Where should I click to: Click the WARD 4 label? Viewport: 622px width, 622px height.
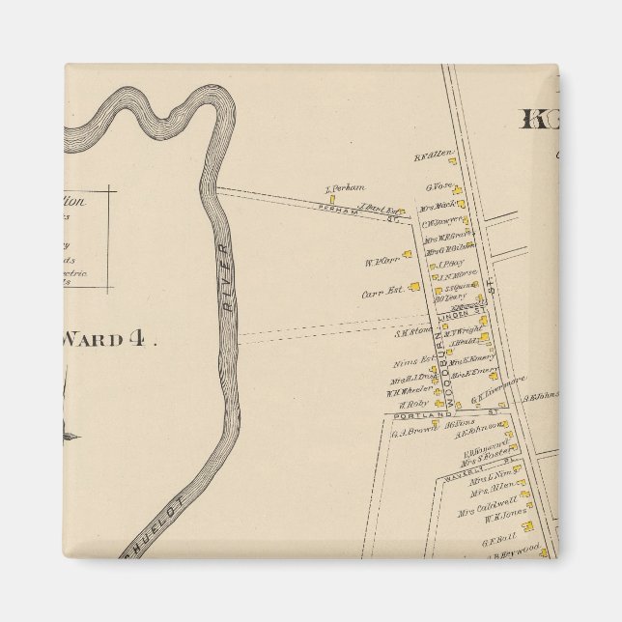coord(107,340)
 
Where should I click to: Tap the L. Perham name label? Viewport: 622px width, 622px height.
coord(342,188)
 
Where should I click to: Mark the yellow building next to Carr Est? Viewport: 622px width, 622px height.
coord(414,286)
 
